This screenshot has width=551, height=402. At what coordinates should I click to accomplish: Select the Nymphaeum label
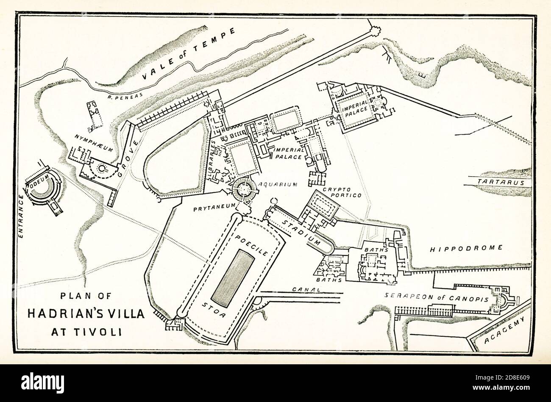coord(90,137)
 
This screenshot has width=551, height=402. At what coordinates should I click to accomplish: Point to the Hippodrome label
coord(466,248)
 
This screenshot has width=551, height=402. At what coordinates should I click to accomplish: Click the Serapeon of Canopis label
coord(437,297)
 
